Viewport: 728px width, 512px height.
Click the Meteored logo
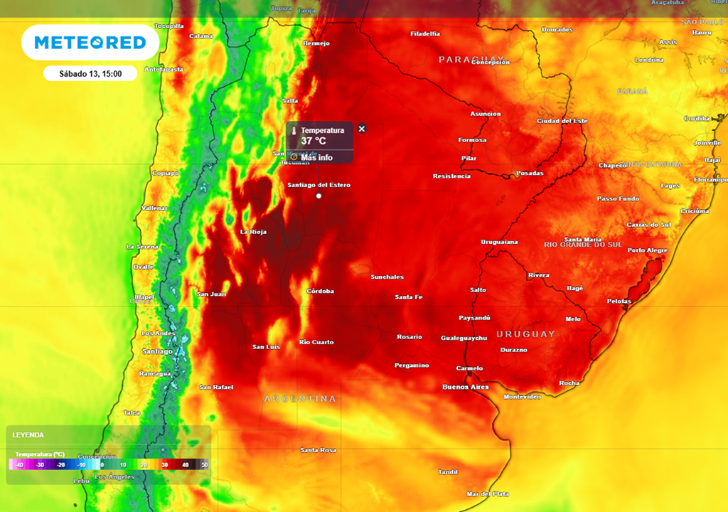tap(90, 43)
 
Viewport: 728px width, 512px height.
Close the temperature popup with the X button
tap(362, 129)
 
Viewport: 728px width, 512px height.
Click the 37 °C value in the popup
tap(314, 141)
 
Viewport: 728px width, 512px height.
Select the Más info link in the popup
tap(316, 157)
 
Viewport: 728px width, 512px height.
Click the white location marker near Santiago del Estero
tap(319, 196)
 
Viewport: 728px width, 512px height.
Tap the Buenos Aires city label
tap(465, 387)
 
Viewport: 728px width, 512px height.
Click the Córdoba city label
tap(320, 291)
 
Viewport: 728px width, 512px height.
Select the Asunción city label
tap(486, 114)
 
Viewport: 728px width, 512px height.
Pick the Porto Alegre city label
tap(647, 250)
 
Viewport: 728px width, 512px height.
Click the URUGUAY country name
tap(525, 334)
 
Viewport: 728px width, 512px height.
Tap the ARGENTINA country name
tap(299, 399)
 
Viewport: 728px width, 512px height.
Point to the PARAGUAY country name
tap(471, 58)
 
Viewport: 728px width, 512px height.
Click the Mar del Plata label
tap(488, 494)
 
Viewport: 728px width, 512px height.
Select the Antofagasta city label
tap(164, 70)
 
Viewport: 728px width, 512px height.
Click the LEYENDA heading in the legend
tap(28, 434)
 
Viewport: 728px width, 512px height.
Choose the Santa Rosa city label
tap(318, 450)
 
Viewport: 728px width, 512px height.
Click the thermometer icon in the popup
tap(294, 131)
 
